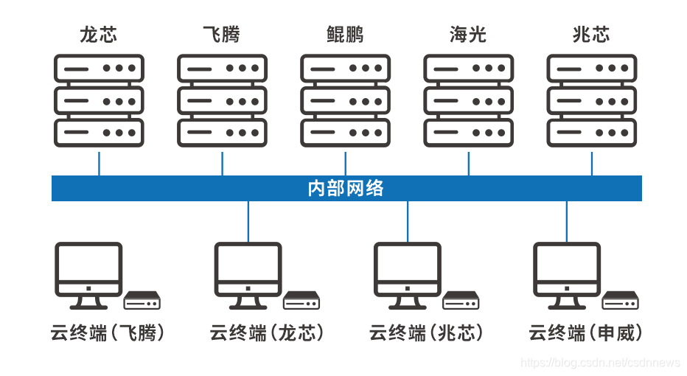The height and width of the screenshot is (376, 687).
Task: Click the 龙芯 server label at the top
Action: coord(99,35)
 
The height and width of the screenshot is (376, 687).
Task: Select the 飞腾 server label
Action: coord(222,35)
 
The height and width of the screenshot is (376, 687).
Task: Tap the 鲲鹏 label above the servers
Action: coord(345,35)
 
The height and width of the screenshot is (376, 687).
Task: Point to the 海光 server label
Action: coord(468,35)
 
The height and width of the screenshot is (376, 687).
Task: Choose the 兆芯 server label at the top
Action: coord(591,35)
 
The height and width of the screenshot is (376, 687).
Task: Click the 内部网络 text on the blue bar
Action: coord(346,188)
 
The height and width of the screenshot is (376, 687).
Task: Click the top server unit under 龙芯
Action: coord(99,68)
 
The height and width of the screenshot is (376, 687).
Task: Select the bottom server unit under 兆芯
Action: coord(591,133)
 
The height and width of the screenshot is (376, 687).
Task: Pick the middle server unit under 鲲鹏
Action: coord(345,100)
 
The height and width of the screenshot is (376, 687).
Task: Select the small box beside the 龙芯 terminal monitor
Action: coord(301,300)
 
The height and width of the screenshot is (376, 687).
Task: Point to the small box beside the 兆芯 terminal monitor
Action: coord(461,300)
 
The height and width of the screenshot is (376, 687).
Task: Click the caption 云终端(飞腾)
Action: coord(108,333)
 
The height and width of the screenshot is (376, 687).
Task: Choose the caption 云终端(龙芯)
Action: coord(267,333)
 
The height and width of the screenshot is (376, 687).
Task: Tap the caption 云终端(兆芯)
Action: coord(426,333)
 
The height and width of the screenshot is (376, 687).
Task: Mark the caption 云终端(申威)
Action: coord(586,333)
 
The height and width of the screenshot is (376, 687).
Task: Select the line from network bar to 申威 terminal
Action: coord(566,221)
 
